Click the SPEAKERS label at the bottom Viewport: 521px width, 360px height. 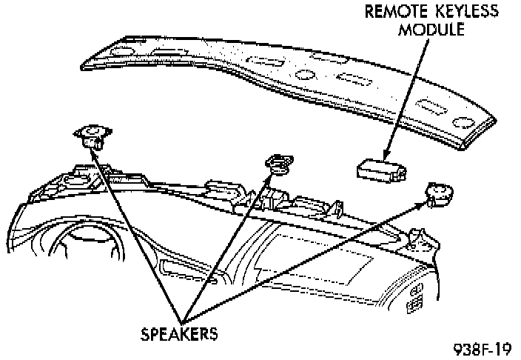click(x=179, y=333)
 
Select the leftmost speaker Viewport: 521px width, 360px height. click(x=93, y=135)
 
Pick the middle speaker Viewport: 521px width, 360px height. click(x=278, y=164)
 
